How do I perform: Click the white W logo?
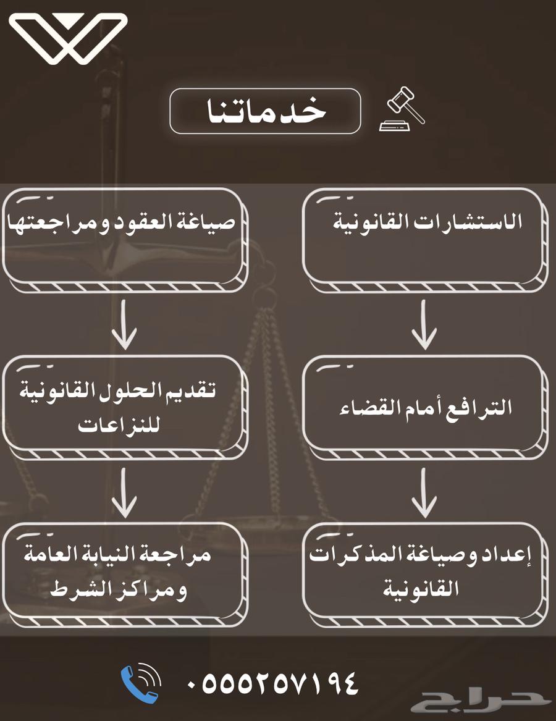click(x=68, y=38)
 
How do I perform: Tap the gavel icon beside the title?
click(x=402, y=109)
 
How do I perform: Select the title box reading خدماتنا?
click(x=265, y=111)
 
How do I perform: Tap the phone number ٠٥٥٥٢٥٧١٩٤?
click(x=272, y=683)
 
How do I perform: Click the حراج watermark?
click(x=482, y=701)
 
